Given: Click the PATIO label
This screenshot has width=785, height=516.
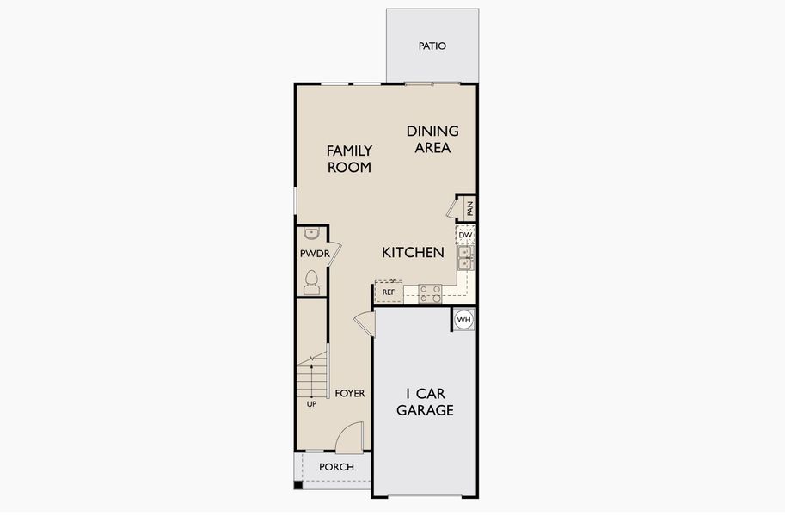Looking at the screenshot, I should click(x=432, y=46).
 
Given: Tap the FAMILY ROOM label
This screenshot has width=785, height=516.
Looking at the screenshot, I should click(x=349, y=159).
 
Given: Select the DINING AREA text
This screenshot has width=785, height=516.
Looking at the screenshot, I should click(x=432, y=139).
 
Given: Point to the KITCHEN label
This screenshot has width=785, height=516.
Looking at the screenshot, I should click(x=413, y=253).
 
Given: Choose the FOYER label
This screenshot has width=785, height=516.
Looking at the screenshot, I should click(x=350, y=394).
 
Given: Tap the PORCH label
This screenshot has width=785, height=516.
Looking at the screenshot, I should click(x=336, y=467).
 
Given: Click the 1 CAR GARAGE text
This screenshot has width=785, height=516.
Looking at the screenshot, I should click(x=425, y=402).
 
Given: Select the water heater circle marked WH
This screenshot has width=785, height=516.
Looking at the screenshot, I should click(x=464, y=320).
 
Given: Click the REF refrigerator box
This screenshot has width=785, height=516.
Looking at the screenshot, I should click(x=389, y=292).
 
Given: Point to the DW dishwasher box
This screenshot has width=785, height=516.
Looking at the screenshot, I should click(x=464, y=235).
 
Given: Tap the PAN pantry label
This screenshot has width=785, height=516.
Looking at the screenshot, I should click(x=469, y=208).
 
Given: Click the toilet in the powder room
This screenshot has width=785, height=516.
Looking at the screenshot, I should click(x=311, y=282).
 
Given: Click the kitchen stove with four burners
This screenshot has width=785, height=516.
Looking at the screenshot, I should click(x=430, y=294).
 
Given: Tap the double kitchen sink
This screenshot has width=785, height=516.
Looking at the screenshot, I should click(x=464, y=257).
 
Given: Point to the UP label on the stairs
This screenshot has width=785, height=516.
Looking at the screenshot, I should click(x=311, y=403).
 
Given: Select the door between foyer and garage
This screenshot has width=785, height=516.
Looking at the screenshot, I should click(x=365, y=323).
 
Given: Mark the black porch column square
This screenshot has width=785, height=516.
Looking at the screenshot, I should click(x=298, y=485).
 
